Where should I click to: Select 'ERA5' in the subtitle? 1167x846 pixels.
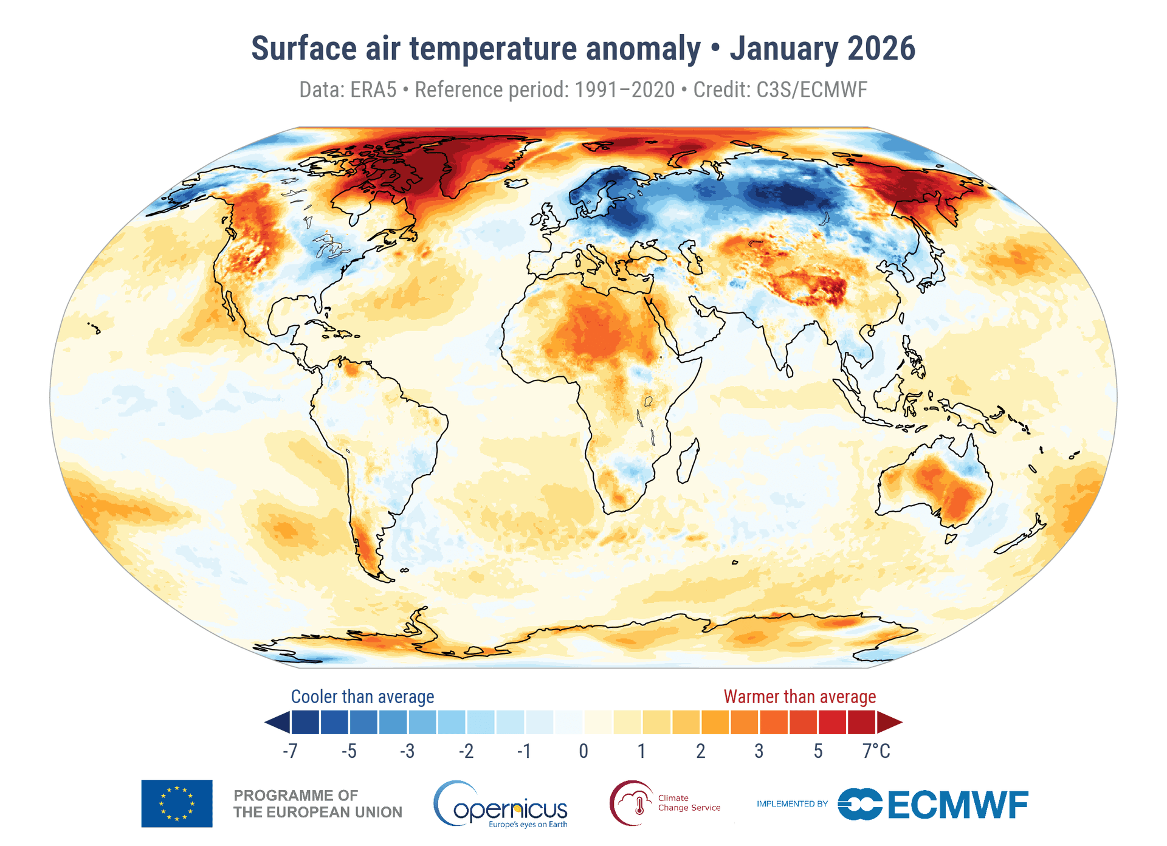tap(373, 90)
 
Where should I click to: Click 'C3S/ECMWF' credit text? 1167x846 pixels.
tap(811, 90)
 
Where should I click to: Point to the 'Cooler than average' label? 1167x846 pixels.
tap(362, 696)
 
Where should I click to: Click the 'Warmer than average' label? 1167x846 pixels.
tap(799, 696)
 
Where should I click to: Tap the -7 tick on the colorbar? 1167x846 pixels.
tap(290, 751)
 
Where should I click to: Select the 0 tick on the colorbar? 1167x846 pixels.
tap(583, 751)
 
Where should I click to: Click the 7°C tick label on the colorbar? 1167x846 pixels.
tap(876, 751)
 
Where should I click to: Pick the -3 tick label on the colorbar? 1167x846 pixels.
tap(407, 751)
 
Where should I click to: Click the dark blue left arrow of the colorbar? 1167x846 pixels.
tap(277, 723)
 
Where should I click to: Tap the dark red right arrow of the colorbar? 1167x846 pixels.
tap(889, 723)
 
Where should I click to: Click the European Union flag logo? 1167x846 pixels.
tap(177, 803)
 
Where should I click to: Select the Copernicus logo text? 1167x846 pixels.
tap(509, 808)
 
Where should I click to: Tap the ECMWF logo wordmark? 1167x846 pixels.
tap(957, 805)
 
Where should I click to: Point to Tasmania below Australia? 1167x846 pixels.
tap(951, 538)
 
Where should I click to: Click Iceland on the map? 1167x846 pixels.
tap(516, 183)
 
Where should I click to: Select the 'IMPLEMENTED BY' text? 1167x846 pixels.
tap(792, 803)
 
